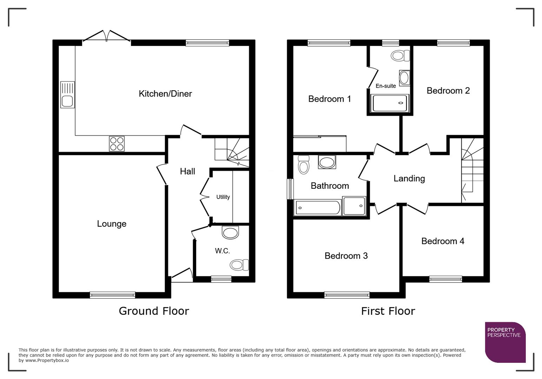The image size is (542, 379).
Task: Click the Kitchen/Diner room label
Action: pos(165,94)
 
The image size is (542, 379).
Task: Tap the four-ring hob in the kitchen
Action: pos(117,144)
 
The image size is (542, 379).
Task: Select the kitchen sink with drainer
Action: pos(67,94)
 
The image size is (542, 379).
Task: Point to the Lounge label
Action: pos(112,224)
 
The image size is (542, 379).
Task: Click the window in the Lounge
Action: pos(112,295)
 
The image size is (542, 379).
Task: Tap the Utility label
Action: pos(223,197)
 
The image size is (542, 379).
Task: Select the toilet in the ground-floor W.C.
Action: pos(239,265)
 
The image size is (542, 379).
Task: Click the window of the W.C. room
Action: pos(221,279)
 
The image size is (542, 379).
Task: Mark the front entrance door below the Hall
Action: pos(182,275)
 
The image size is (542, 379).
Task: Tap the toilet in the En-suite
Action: pos(401,55)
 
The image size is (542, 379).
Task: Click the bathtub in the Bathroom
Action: pos(317,207)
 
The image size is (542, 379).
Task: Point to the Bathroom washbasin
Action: pos(327,162)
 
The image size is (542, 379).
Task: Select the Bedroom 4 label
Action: pos(443,241)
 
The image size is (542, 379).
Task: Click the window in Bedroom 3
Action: pos(347,295)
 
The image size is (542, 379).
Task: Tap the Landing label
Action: pos(409,179)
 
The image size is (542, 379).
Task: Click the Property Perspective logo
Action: pos(505,342)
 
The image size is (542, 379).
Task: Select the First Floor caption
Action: pos(388,311)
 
